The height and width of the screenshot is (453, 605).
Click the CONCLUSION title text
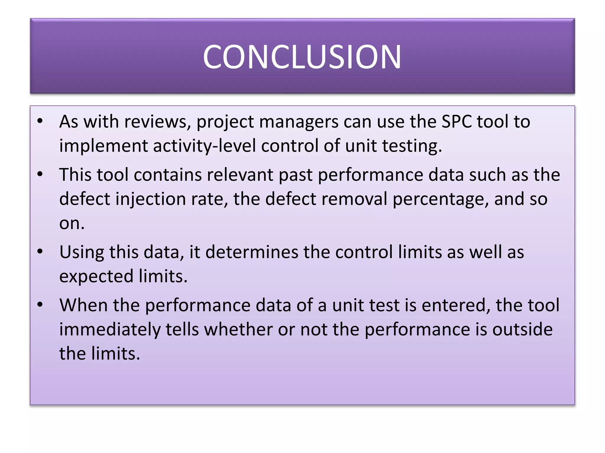click(x=302, y=57)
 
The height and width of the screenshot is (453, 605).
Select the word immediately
click(x=110, y=329)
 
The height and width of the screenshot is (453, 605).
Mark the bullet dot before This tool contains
click(x=40, y=174)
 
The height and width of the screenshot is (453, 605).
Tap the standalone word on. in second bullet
click(x=72, y=223)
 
